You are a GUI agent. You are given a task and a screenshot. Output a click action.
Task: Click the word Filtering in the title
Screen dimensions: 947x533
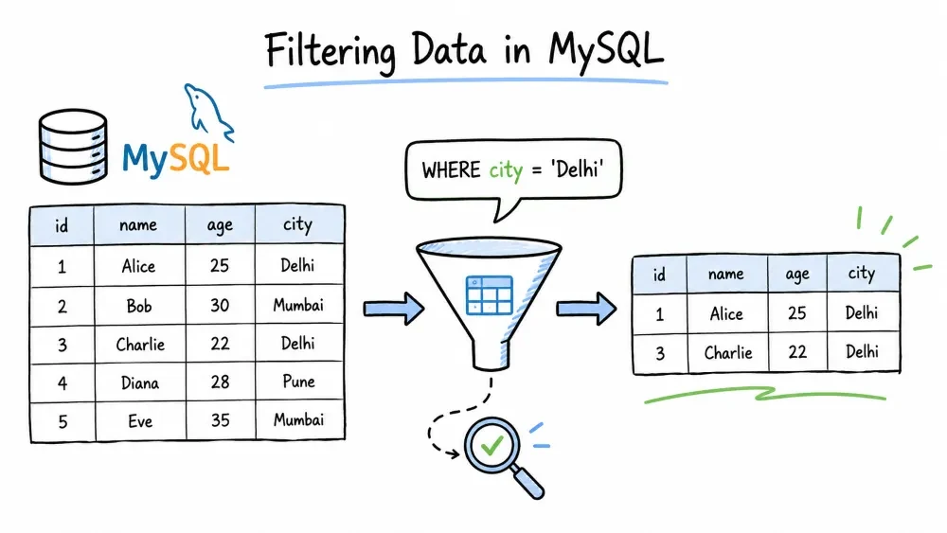click(x=331, y=51)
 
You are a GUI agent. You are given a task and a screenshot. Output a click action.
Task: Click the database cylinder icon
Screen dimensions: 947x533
click(x=73, y=147)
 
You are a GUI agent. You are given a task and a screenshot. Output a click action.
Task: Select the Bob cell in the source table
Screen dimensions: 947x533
click(x=139, y=306)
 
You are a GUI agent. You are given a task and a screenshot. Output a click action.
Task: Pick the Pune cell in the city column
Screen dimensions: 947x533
click(x=299, y=382)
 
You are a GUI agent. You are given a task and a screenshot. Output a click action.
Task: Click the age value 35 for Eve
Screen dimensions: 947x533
click(x=221, y=420)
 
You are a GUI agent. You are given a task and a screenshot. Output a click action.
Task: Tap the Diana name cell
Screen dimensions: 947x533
click(x=140, y=382)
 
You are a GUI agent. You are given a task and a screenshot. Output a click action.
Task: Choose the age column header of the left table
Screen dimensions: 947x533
click(x=220, y=225)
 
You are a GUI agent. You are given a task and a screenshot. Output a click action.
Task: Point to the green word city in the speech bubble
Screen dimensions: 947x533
click(x=506, y=170)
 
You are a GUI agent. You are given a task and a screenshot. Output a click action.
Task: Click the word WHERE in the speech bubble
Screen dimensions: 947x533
click(x=451, y=170)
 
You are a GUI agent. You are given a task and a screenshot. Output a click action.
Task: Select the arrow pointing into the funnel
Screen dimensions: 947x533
click(x=394, y=309)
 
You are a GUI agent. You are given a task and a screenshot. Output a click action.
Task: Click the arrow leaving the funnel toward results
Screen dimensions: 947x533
click(x=586, y=309)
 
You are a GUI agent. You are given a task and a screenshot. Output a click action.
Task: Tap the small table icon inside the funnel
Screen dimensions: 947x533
click(x=490, y=295)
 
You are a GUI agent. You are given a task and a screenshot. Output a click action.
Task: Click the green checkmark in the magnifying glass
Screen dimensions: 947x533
click(x=491, y=446)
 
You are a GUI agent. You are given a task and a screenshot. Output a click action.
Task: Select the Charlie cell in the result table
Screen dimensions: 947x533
click(x=727, y=352)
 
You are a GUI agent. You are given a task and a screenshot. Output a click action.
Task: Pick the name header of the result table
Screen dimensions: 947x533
click(x=726, y=274)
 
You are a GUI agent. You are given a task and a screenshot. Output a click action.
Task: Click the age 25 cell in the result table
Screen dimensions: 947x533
click(x=797, y=312)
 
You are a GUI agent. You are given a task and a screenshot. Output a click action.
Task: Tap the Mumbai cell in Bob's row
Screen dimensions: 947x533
click(x=299, y=305)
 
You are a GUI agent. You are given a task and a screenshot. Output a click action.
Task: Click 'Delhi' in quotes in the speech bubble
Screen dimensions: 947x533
click(x=577, y=169)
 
